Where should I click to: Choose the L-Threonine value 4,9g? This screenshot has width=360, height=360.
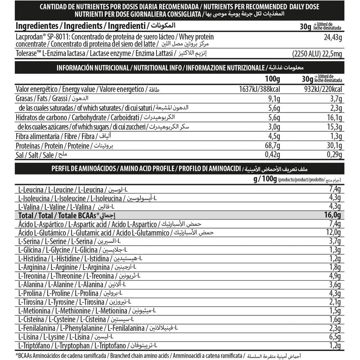[x=333, y=275]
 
